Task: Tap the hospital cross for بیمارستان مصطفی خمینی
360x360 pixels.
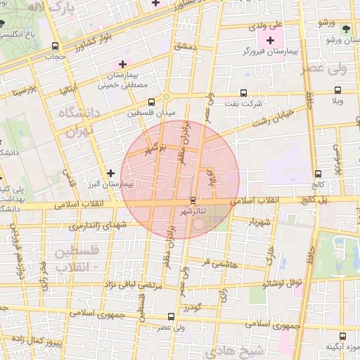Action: pyautogui.click(x=122, y=65)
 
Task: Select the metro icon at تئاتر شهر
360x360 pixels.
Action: pyautogui.click(x=193, y=200)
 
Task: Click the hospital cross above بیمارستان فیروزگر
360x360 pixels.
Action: pyautogui.click(x=271, y=40)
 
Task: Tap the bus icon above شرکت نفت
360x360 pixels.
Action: pyautogui.click(x=243, y=92)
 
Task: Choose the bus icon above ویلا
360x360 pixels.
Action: pyautogui.click(x=338, y=90)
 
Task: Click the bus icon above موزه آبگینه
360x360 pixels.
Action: pyautogui.click(x=342, y=337)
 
